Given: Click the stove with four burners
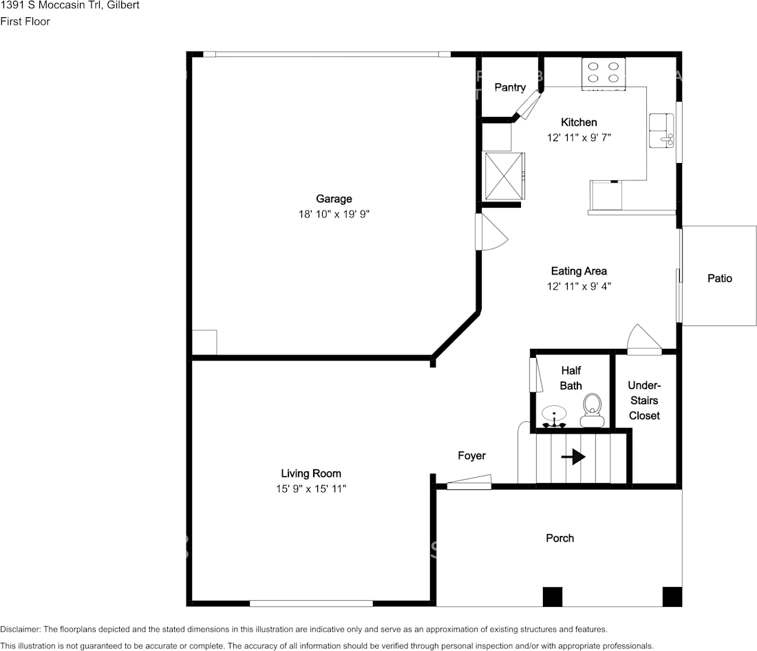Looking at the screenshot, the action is [x=604, y=74].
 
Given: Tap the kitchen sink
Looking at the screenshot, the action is [x=661, y=131].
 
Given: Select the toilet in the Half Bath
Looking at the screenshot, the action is [x=593, y=411].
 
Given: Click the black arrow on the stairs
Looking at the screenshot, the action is [x=573, y=456].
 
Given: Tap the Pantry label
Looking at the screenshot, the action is [x=510, y=87].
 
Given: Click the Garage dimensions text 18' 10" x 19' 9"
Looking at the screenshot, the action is [x=334, y=214].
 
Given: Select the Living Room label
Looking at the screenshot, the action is [x=311, y=473].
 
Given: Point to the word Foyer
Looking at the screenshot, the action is [x=471, y=456].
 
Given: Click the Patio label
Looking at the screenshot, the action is [x=720, y=278].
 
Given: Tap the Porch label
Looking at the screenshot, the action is [x=560, y=538].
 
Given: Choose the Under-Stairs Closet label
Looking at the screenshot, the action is [x=645, y=401].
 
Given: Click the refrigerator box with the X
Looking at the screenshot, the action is [x=504, y=175].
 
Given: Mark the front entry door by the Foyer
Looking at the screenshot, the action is [x=469, y=482].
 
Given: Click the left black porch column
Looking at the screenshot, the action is [x=553, y=597].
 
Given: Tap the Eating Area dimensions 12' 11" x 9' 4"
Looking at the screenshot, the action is [x=579, y=286].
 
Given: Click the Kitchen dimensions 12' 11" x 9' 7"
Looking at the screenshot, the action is [x=579, y=138].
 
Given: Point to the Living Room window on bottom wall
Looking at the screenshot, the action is [x=311, y=604].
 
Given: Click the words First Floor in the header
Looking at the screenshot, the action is [x=25, y=21].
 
